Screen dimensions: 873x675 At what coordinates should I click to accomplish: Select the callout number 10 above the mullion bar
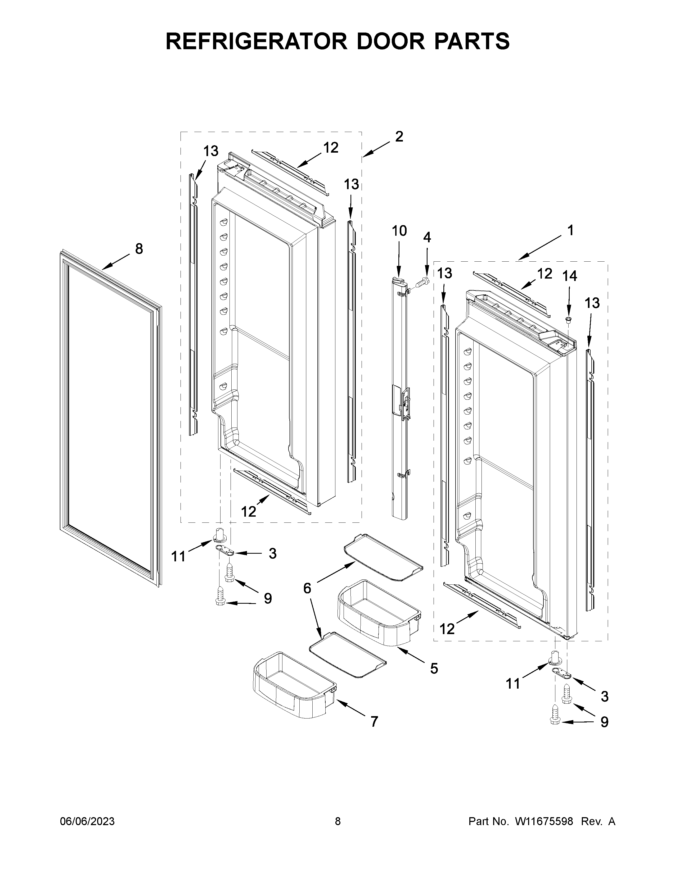click(x=399, y=231)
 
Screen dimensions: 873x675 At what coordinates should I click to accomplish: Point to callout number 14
click(x=570, y=276)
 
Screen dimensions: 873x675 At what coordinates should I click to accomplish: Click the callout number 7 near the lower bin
click(x=374, y=721)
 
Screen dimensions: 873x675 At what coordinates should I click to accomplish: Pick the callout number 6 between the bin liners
click(x=307, y=588)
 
